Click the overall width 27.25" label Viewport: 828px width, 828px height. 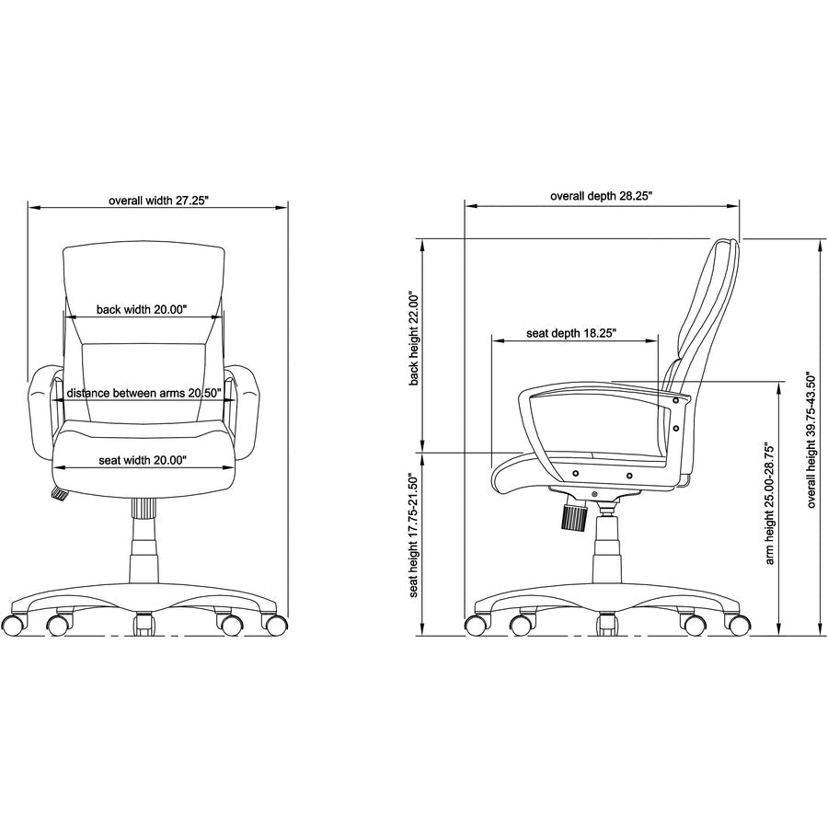(159, 201)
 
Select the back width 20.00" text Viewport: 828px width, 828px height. (142, 309)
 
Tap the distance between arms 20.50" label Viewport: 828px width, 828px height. (144, 394)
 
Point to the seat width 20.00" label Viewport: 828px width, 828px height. (143, 460)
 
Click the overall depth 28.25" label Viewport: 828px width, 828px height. (602, 196)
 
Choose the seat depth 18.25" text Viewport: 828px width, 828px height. (571, 333)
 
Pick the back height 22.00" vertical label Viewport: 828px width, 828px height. (414, 338)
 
